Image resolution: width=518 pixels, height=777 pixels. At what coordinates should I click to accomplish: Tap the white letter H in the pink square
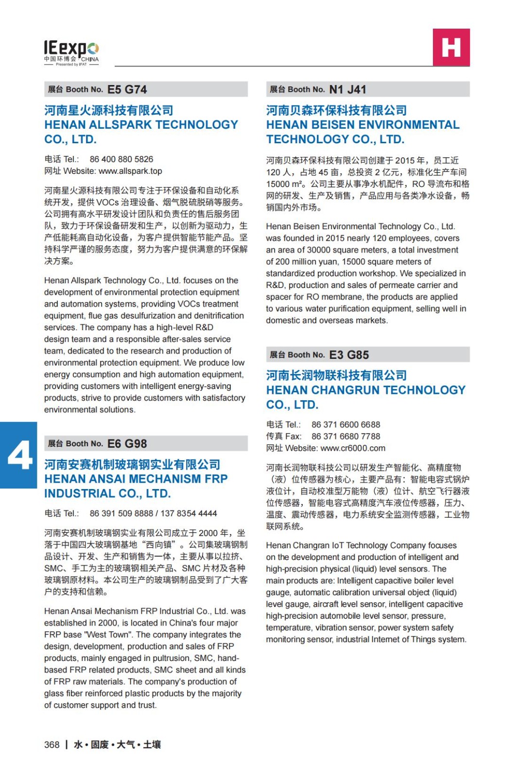pyautogui.click(x=451, y=47)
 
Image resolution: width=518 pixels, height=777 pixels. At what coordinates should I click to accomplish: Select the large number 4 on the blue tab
pyautogui.click(x=19, y=456)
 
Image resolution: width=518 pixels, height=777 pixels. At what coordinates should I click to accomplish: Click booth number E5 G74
pyautogui.click(x=127, y=89)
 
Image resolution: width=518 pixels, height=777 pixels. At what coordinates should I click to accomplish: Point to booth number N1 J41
pyautogui.click(x=347, y=89)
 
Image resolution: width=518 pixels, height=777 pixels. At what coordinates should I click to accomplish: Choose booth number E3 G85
pyautogui.click(x=349, y=355)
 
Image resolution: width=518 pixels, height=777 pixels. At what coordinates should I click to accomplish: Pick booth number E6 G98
pyautogui.click(x=127, y=444)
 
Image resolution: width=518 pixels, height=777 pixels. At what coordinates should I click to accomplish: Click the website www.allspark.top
pyautogui.click(x=130, y=171)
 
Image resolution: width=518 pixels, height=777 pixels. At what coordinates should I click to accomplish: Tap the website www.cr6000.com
pyautogui.click(x=353, y=448)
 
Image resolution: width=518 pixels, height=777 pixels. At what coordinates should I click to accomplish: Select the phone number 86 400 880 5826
pyautogui.click(x=121, y=159)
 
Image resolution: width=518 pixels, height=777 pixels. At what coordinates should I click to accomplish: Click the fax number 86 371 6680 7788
pyautogui.click(x=346, y=437)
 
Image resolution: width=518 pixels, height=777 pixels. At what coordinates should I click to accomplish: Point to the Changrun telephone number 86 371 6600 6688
pyautogui.click(x=346, y=425)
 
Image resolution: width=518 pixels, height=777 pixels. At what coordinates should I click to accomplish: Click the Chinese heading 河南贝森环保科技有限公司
pyautogui.click(x=336, y=110)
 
